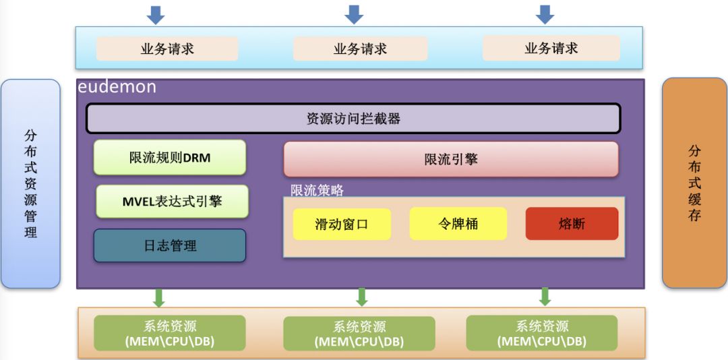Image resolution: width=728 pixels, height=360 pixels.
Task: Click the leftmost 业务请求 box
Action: tap(167, 49)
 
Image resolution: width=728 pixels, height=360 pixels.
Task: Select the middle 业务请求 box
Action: tap(360, 49)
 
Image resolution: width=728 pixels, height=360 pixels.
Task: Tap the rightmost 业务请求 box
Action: tap(551, 49)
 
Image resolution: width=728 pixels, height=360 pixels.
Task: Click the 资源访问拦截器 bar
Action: tap(353, 119)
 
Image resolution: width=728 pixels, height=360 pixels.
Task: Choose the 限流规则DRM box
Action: tap(170, 158)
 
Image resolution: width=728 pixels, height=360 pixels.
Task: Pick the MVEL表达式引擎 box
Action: tap(172, 201)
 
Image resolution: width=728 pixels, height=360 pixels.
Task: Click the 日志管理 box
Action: tap(170, 245)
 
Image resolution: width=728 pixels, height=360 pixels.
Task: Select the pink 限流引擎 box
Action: tap(451, 159)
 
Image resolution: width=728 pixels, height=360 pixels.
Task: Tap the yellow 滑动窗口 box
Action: tap(342, 224)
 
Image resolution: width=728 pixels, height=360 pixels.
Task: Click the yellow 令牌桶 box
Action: tap(458, 224)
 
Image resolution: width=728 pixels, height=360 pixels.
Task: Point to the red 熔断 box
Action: tap(572, 224)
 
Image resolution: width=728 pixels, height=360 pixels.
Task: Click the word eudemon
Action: tap(117, 87)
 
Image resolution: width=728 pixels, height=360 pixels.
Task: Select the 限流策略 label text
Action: tap(317, 190)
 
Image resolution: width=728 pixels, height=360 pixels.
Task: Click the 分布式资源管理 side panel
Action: tap(31, 183)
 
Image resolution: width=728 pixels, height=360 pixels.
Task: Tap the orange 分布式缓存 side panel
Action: tap(694, 183)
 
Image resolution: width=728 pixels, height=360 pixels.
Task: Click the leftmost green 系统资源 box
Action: tap(169, 333)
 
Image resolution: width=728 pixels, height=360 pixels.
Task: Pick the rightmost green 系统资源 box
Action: tap(542, 333)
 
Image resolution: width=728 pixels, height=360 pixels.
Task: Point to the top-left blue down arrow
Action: tap(156, 14)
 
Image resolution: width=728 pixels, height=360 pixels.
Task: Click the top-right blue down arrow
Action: tap(545, 14)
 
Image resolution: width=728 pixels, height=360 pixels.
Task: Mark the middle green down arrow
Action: tap(362, 297)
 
